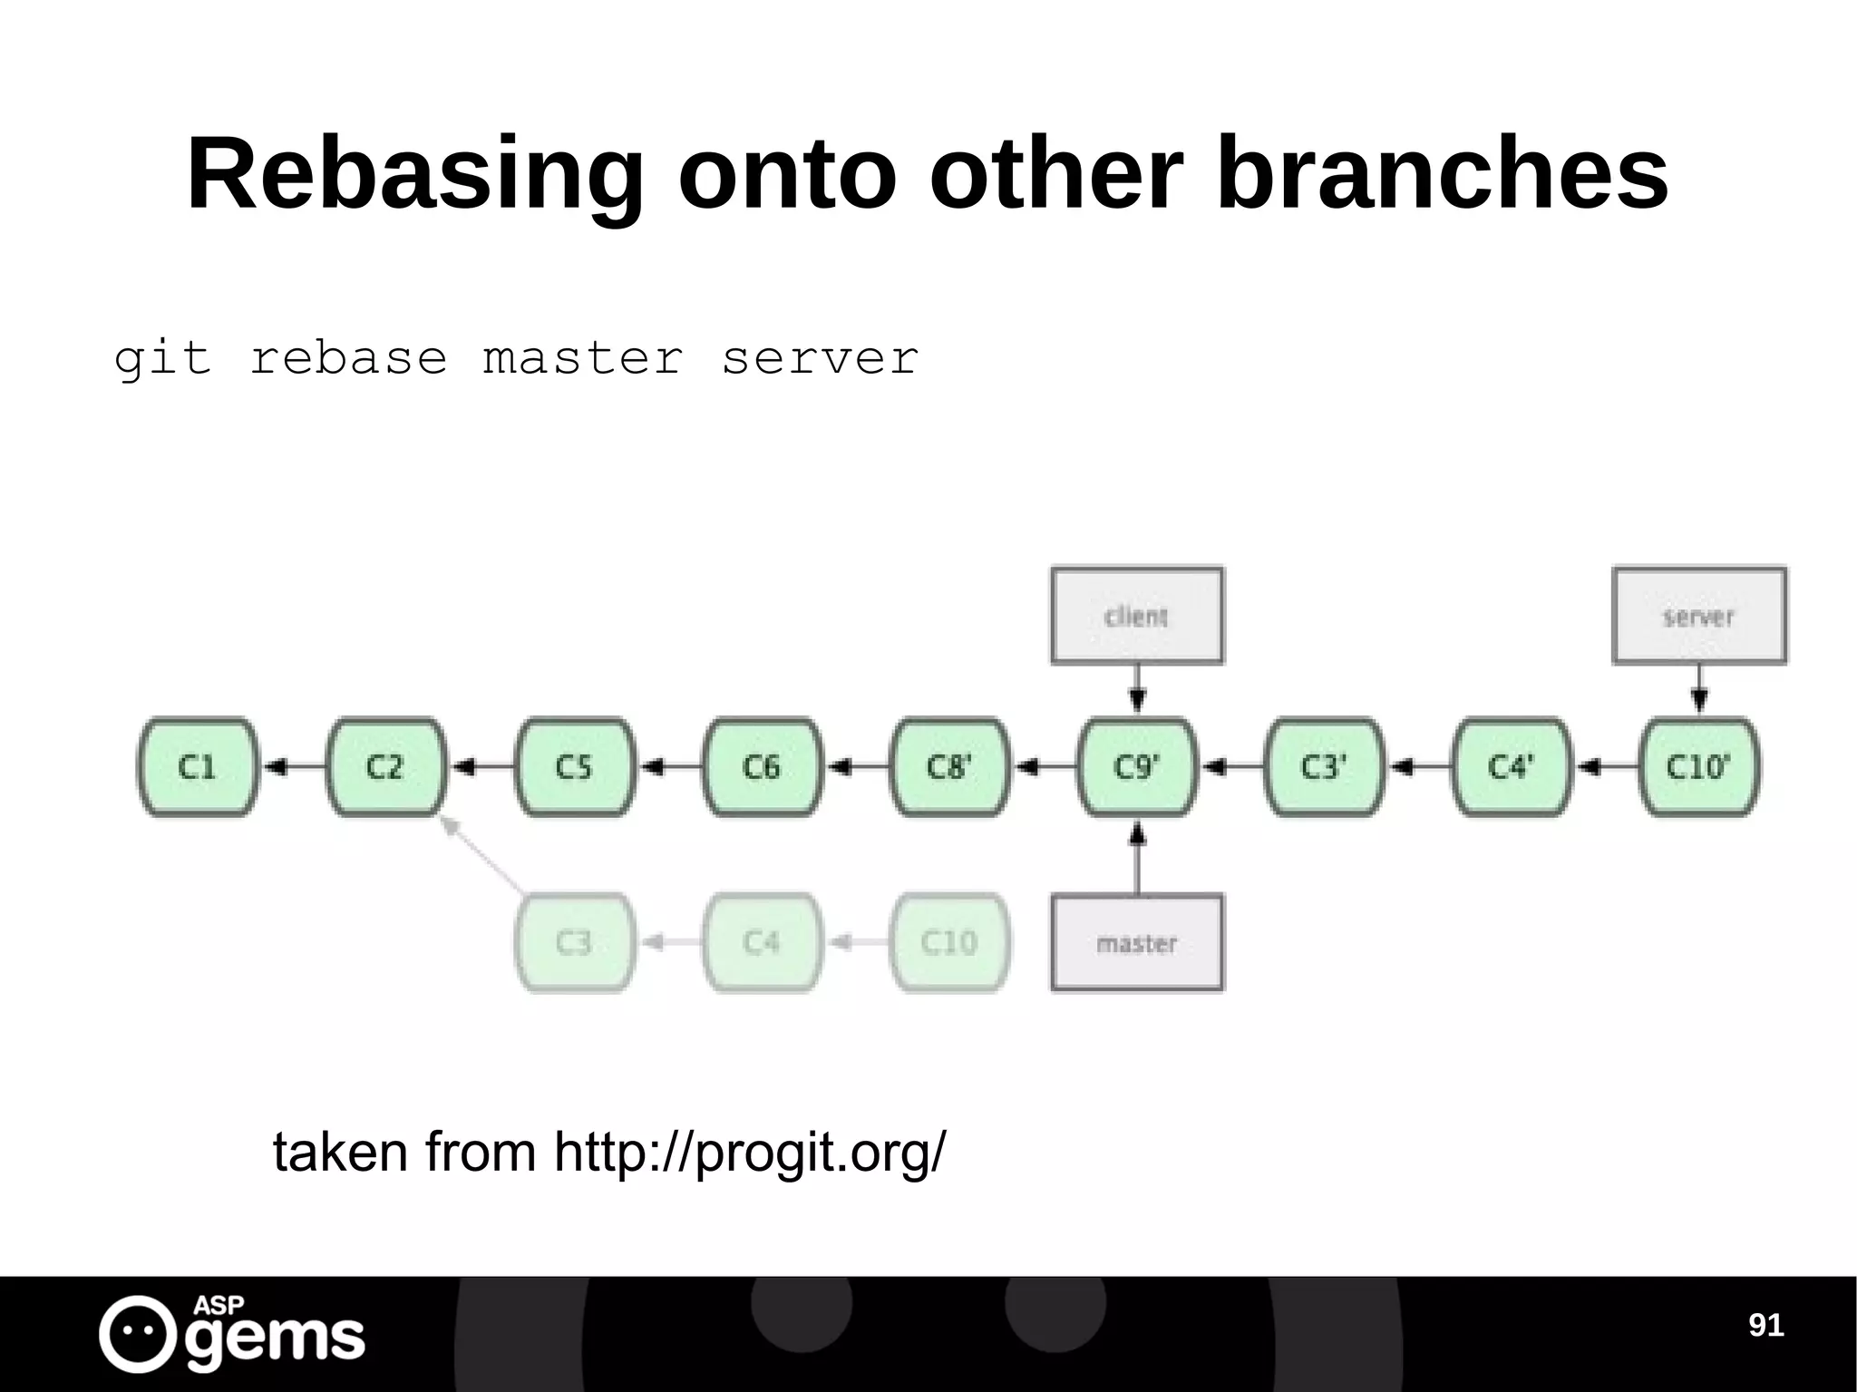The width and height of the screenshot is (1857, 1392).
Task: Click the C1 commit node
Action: click(x=198, y=767)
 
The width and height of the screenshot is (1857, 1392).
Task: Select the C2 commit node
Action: click(x=386, y=767)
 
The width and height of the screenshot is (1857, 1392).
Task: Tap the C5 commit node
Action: click(x=575, y=767)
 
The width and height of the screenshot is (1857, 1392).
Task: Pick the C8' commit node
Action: click(x=948, y=767)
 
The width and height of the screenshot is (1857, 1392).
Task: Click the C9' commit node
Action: click(x=1137, y=767)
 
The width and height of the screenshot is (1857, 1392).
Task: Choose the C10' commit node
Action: click(x=1698, y=767)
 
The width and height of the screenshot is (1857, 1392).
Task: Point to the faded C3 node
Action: click(x=575, y=942)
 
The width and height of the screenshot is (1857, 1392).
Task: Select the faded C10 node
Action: click(x=948, y=942)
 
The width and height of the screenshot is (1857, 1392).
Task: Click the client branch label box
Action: click(x=1137, y=617)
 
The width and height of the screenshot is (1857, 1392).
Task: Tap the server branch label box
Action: click(x=1698, y=617)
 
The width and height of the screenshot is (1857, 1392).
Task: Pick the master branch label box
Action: click(x=1137, y=943)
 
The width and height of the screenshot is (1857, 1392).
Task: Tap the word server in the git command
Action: click(x=820, y=358)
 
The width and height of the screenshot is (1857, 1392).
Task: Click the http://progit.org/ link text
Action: click(x=749, y=1153)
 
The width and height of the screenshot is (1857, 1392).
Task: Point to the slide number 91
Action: click(x=1765, y=1325)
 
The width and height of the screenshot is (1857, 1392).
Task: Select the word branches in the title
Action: click(x=1441, y=174)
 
